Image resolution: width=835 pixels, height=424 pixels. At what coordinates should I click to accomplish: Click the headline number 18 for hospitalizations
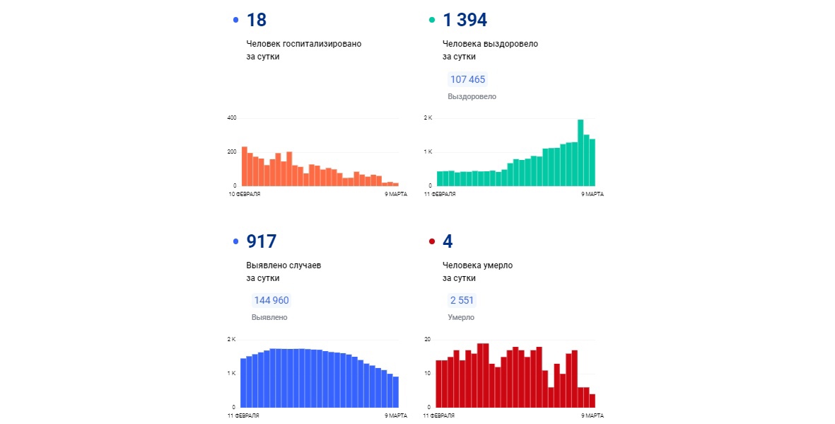(x=256, y=20)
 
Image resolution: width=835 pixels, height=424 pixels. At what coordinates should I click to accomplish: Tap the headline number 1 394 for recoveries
(x=465, y=20)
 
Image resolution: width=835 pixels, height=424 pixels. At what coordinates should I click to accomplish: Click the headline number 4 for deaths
(x=448, y=241)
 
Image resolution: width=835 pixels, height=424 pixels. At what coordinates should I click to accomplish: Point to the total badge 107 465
(x=467, y=79)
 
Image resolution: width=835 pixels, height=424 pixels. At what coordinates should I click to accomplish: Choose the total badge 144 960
(x=271, y=300)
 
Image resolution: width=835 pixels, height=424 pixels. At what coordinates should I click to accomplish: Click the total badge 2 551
(x=461, y=300)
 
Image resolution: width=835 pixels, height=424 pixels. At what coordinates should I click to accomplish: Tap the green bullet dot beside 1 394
(x=433, y=20)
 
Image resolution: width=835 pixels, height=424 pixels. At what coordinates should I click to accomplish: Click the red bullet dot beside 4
(x=433, y=241)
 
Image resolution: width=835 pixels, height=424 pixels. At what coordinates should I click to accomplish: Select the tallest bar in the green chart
(x=580, y=153)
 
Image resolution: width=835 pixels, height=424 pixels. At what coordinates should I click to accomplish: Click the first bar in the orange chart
(x=244, y=166)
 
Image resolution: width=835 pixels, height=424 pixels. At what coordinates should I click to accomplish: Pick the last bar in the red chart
(x=592, y=401)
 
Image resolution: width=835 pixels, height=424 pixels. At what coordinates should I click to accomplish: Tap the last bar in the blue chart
(x=396, y=391)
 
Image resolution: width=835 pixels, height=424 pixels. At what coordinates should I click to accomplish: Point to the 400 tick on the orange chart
(x=231, y=118)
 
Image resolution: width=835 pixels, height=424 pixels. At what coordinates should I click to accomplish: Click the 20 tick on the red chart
(x=427, y=339)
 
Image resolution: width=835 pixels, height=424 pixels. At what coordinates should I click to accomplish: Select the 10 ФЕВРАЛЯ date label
(x=244, y=193)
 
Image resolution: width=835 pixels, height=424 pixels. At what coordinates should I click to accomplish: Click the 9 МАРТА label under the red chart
(x=592, y=414)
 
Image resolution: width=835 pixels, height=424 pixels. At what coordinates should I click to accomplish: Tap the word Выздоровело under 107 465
(x=472, y=96)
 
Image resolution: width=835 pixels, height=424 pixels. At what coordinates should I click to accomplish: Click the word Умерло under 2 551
(x=461, y=318)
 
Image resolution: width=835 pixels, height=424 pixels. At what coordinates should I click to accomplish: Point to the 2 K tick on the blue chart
(x=231, y=339)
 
